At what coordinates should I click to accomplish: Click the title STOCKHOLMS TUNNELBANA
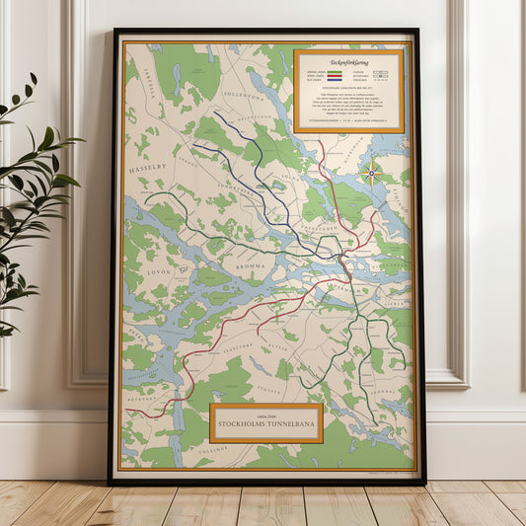[265, 425]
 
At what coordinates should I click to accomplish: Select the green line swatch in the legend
[335, 71]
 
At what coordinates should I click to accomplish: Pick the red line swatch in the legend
[335, 76]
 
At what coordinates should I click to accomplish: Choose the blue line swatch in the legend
[335, 81]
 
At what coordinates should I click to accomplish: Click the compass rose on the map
[372, 175]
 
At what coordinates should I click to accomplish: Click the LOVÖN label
[158, 269]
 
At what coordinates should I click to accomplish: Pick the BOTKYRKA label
[145, 400]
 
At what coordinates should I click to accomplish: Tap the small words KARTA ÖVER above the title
[265, 414]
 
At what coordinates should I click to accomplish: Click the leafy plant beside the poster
[35, 197]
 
